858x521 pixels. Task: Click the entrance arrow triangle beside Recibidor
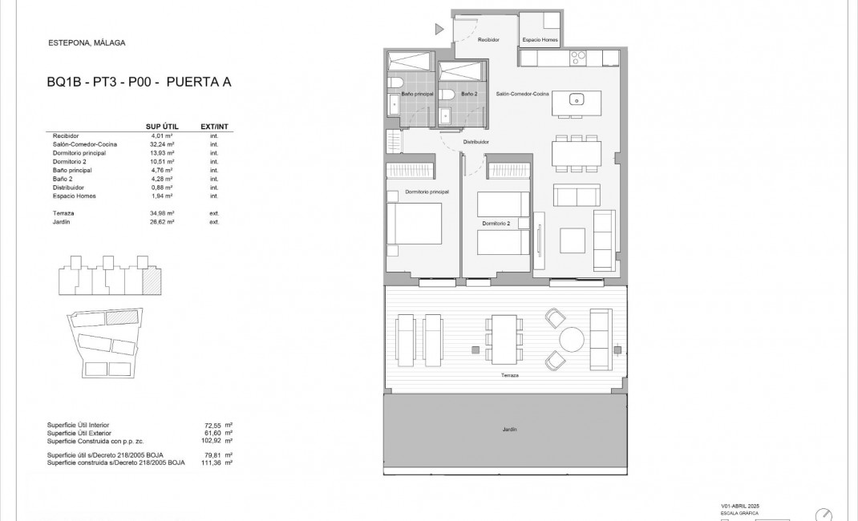pyautogui.click(x=439, y=30)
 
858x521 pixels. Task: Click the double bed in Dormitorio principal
pyautogui.click(x=415, y=224)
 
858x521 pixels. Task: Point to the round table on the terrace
pyautogui.click(x=573, y=339)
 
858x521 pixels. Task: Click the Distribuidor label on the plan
pyautogui.click(x=476, y=143)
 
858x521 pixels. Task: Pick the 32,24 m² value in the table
pyautogui.click(x=163, y=144)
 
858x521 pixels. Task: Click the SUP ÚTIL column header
pyautogui.click(x=161, y=127)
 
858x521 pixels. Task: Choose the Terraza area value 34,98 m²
pyautogui.click(x=163, y=213)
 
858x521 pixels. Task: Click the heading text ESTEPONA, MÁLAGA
pyautogui.click(x=87, y=43)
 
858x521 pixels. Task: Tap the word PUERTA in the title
pyautogui.click(x=192, y=82)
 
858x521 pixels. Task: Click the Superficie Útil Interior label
pyautogui.click(x=78, y=424)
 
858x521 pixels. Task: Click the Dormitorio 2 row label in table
pyautogui.click(x=71, y=162)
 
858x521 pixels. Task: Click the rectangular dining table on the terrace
pyautogui.click(x=504, y=338)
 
